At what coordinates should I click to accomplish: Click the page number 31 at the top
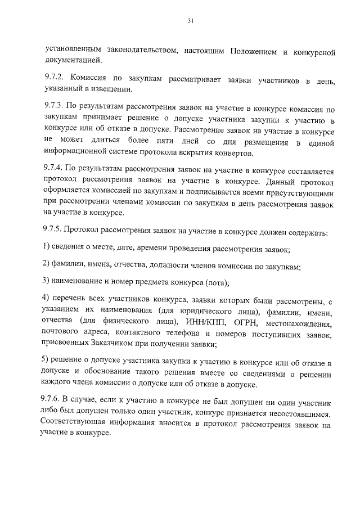(190, 21)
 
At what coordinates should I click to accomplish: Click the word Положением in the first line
(251, 52)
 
